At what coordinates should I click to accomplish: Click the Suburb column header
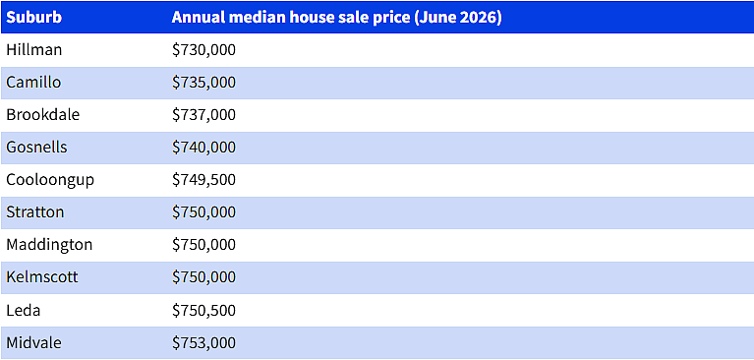tap(33, 18)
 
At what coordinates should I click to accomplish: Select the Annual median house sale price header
tap(336, 18)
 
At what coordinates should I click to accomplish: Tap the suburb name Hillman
tap(34, 49)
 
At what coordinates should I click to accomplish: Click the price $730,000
tap(203, 50)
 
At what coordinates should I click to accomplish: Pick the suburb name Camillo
tap(33, 82)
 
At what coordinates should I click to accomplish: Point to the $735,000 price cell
tap(203, 83)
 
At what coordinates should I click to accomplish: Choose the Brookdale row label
tap(43, 114)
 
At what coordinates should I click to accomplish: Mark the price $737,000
tap(203, 115)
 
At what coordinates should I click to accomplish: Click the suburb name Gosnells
tap(36, 147)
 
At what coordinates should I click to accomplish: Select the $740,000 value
tap(203, 148)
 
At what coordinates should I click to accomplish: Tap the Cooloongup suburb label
tap(50, 180)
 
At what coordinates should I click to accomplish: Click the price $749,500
tap(203, 180)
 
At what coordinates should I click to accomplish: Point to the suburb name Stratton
tap(35, 211)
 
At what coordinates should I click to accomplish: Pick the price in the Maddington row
tap(203, 245)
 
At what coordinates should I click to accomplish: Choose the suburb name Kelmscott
tap(42, 276)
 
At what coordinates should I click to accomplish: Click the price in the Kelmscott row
tap(203, 277)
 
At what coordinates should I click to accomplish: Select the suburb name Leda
tap(23, 310)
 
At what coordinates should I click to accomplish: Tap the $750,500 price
tap(203, 310)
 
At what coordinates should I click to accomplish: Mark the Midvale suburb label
tap(33, 342)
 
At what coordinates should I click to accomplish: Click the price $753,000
tap(203, 342)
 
